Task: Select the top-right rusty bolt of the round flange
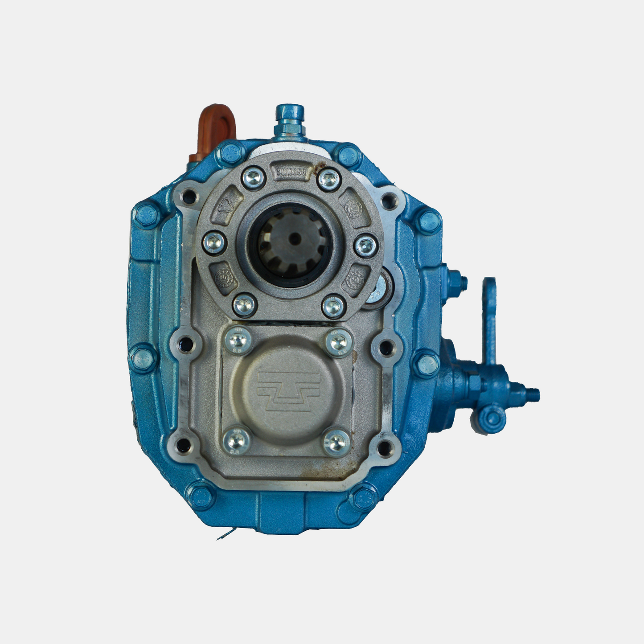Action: pyautogui.click(x=329, y=179)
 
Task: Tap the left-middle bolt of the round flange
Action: pyautogui.click(x=214, y=243)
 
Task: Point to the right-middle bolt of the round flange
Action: pyautogui.click(x=366, y=245)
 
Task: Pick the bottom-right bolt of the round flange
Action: pyautogui.click(x=334, y=307)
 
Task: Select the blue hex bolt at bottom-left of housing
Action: pyautogui.click(x=201, y=495)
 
